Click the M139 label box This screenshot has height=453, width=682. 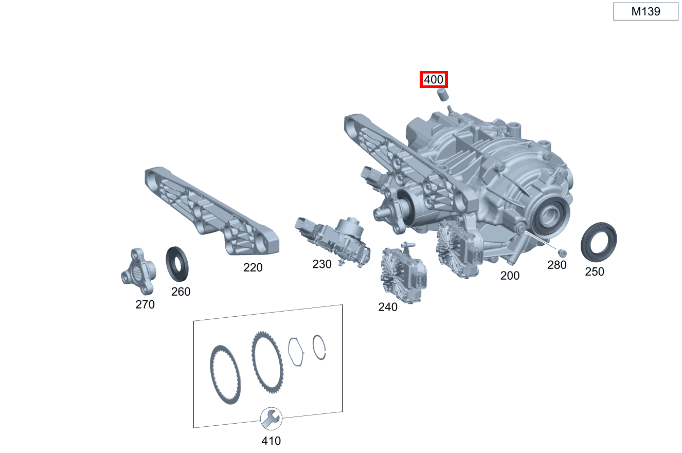(645, 11)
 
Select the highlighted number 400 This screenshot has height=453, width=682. (434, 80)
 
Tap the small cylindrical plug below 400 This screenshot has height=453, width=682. (443, 95)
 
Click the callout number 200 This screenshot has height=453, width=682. (510, 276)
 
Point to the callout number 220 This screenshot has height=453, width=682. (253, 267)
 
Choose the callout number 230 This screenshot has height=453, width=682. (322, 264)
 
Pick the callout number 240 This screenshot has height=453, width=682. (388, 307)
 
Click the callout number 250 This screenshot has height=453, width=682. (595, 271)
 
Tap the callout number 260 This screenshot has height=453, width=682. (181, 292)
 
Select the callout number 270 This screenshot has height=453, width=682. (145, 304)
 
